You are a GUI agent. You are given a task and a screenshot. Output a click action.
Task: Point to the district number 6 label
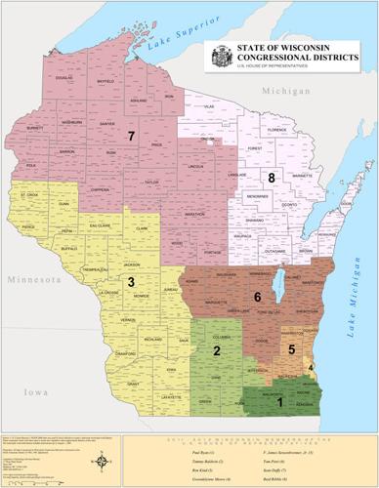257,296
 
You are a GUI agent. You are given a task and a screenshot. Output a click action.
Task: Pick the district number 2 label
217,350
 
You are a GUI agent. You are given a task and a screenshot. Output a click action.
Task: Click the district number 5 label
291,348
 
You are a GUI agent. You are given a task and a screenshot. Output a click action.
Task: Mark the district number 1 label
279,400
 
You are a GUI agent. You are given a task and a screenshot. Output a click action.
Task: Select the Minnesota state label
32,279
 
